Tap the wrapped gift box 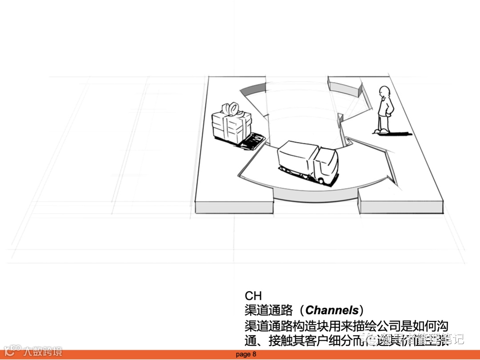(x=231, y=123)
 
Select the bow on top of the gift (x=231, y=108)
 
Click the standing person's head (x=384, y=93)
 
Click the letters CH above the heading (x=253, y=296)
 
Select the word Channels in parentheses (x=332, y=310)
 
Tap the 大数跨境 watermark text (x=43, y=351)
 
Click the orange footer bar (x=356, y=355)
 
